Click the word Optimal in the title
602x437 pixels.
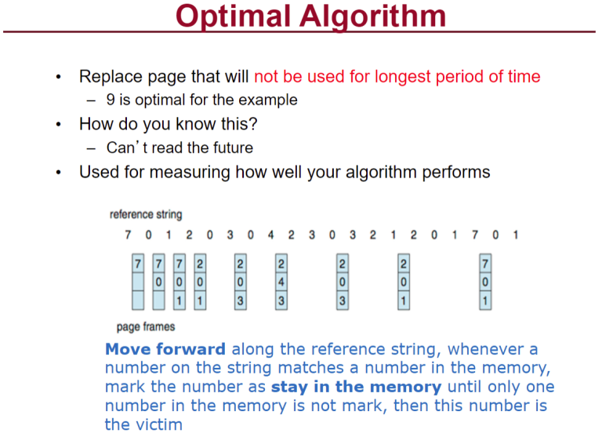coord(233,16)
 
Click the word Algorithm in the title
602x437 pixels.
coord(373,17)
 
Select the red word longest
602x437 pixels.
coord(402,77)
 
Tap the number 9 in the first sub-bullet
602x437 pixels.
coord(111,100)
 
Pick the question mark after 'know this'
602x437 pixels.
coord(252,124)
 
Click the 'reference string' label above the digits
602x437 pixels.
coord(146,214)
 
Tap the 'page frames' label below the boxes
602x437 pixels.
coord(146,327)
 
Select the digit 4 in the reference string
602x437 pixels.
coord(270,235)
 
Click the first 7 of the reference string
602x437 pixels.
coord(128,235)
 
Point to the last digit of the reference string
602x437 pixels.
coord(516,235)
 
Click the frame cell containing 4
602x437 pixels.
coord(281,282)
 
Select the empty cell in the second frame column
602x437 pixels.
coord(158,300)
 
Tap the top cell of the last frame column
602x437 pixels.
coord(485,264)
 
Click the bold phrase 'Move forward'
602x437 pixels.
coord(165,349)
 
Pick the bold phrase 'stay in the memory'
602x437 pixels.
coord(357,387)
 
